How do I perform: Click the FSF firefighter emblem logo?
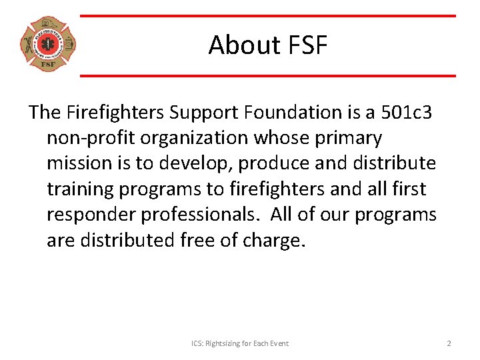pyautogui.click(x=48, y=45)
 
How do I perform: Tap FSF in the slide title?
pyautogui.click(x=307, y=45)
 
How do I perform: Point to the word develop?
pyautogui.click(x=195, y=163)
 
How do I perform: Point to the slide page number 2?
pyautogui.click(x=449, y=343)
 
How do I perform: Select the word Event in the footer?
pyautogui.click(x=279, y=343)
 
